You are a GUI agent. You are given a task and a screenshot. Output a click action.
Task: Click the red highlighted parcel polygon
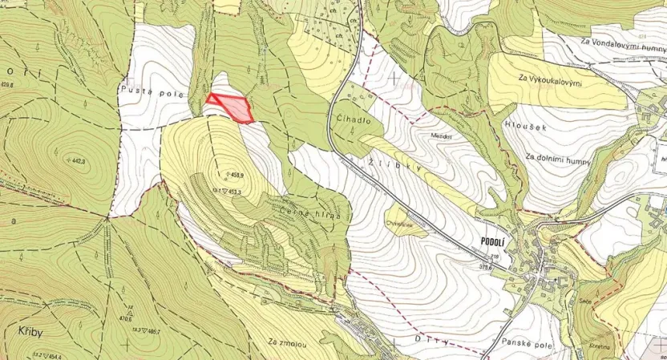click(232, 107)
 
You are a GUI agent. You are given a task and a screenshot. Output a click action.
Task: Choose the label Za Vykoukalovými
click(550, 80)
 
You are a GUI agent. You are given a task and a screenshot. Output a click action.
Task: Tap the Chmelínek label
click(398, 225)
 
